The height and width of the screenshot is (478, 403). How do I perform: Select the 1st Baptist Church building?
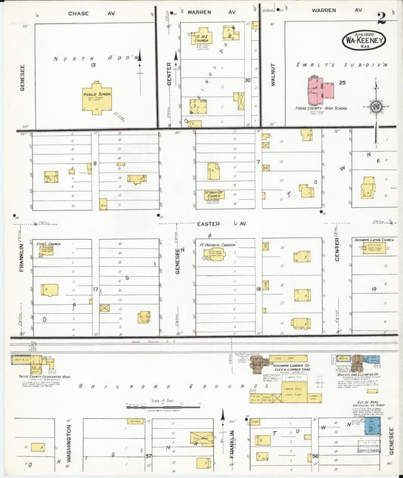214,172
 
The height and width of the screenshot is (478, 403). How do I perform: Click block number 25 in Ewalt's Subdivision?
342,82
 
